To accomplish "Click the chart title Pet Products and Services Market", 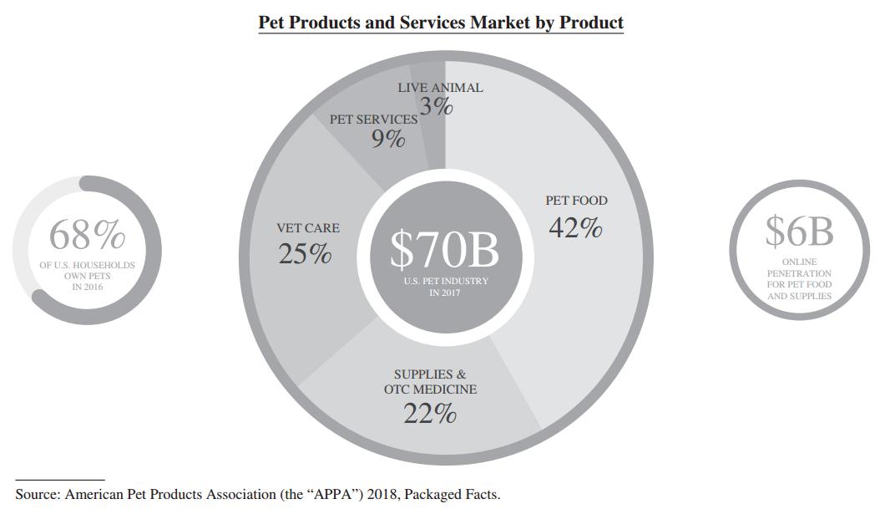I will pyautogui.click(x=440, y=23).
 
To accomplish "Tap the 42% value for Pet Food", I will pyautogui.click(x=575, y=227).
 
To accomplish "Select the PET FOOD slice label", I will pyautogui.click(x=576, y=201).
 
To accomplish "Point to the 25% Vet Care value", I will pyautogui.click(x=305, y=254).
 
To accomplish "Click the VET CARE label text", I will pyautogui.click(x=308, y=228).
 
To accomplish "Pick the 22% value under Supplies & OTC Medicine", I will pyautogui.click(x=430, y=413).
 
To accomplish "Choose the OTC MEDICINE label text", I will pyautogui.click(x=430, y=389).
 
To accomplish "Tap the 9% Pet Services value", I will pyautogui.click(x=388, y=139).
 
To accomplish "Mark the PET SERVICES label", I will pyautogui.click(x=373, y=120).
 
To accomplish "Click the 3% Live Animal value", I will pyautogui.click(x=436, y=106).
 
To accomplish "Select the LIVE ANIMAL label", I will pyautogui.click(x=440, y=88).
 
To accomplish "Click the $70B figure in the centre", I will pyautogui.click(x=444, y=248).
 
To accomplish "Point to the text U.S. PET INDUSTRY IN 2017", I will pyautogui.click(x=445, y=287).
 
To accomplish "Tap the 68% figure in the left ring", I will pyautogui.click(x=87, y=235).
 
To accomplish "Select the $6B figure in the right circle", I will pyautogui.click(x=799, y=232).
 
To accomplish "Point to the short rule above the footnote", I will pyautogui.click(x=60, y=480).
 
